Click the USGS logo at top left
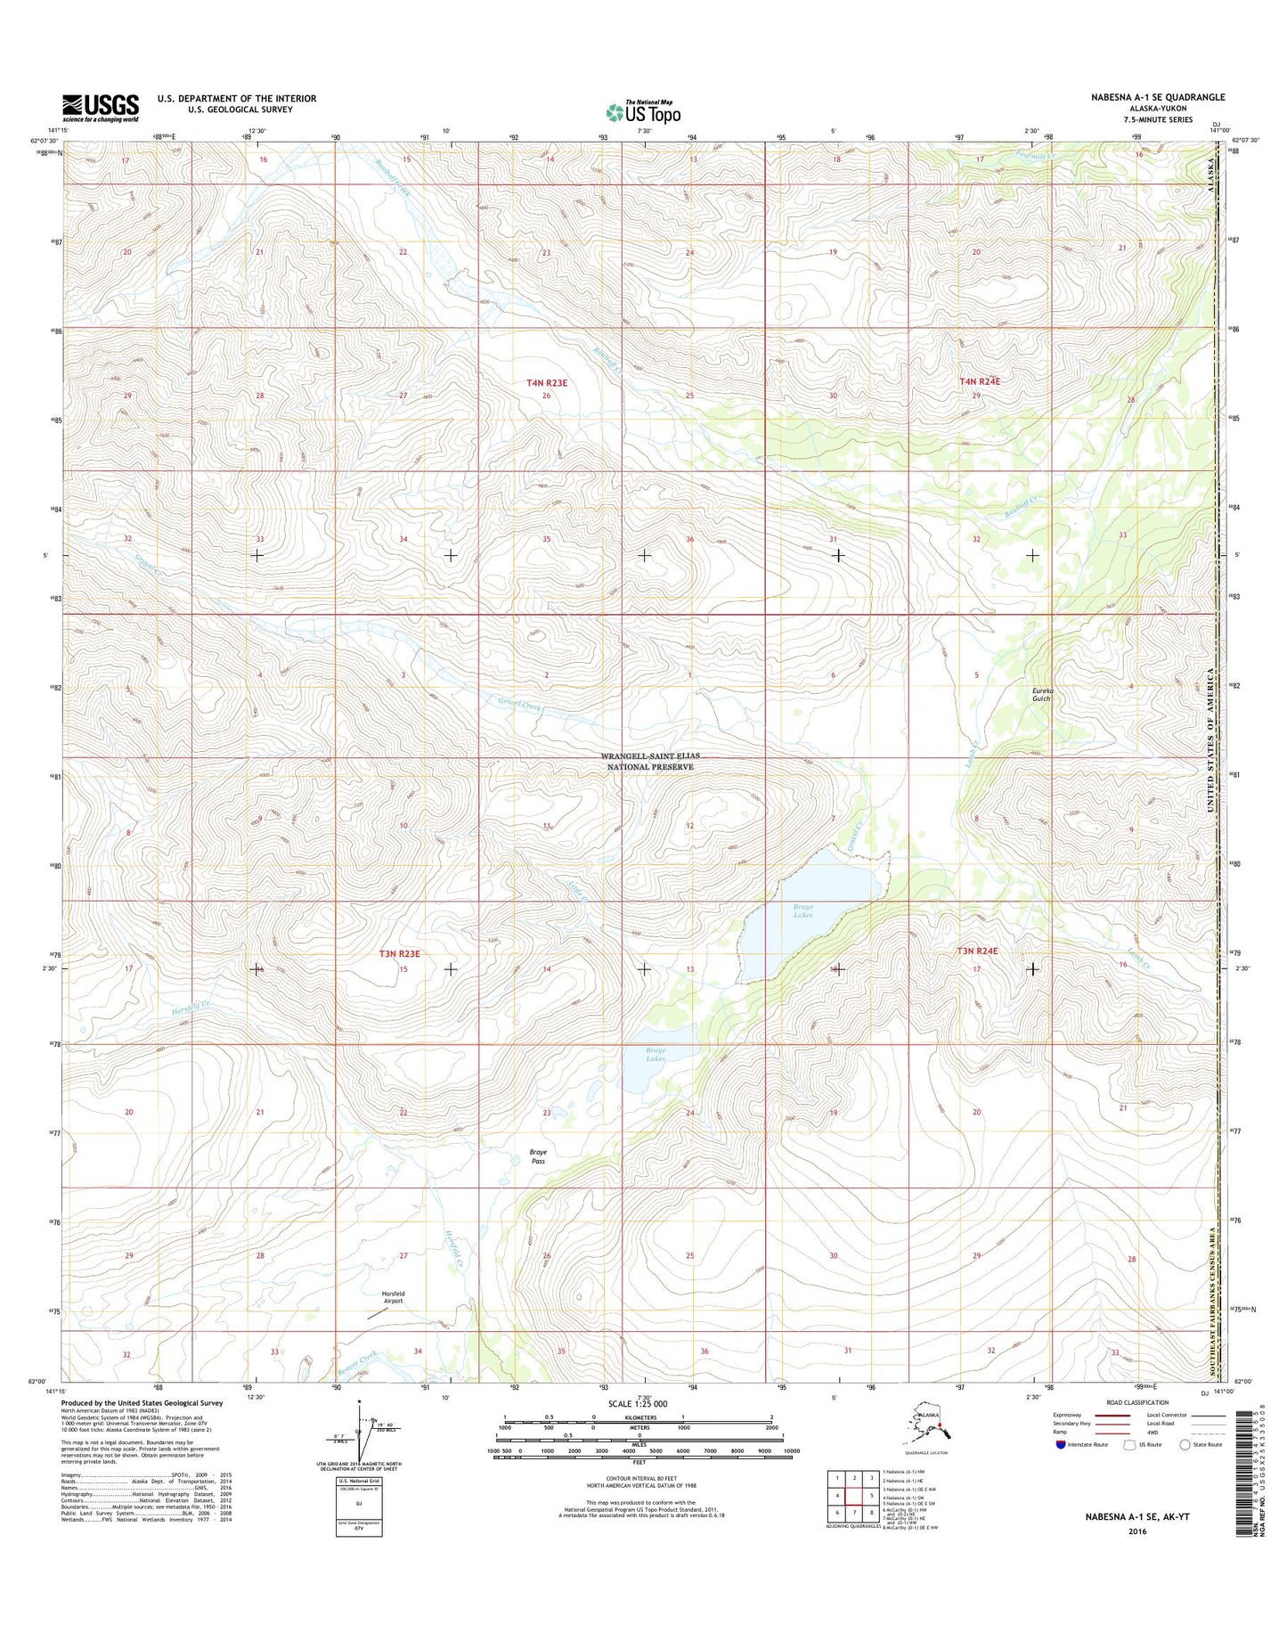click(100, 108)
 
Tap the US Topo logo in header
click(643, 112)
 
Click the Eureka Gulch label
click(1042, 694)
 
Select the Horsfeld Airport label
click(393, 1296)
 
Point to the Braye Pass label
click(538, 1156)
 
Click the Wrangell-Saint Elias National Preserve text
click(649, 761)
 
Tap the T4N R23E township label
click(547, 382)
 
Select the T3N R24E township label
click(978, 951)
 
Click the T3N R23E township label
click(399, 953)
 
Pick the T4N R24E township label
click(980, 381)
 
